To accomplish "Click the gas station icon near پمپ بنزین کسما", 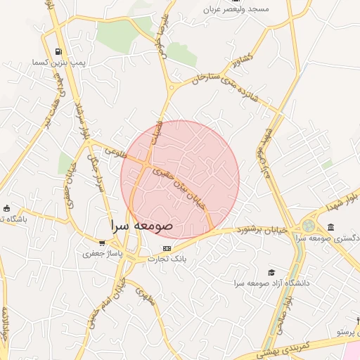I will coord(58,51).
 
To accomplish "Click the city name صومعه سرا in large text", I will coord(141,226).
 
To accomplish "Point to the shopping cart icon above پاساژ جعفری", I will coord(103,243).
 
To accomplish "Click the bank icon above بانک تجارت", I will coord(167,248).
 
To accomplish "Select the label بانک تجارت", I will coord(167,259).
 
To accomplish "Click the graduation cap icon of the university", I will coord(271,272).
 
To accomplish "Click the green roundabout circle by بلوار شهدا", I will coord(308,226).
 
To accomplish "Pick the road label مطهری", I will coord(144,297).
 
